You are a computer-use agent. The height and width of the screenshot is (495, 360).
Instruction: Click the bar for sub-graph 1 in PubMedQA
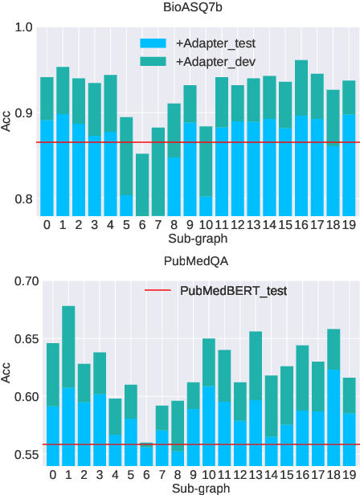click(68, 386)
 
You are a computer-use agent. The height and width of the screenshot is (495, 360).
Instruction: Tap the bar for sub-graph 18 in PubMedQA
click(333, 397)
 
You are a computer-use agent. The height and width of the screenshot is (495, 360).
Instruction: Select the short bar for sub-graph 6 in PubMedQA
click(145, 454)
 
